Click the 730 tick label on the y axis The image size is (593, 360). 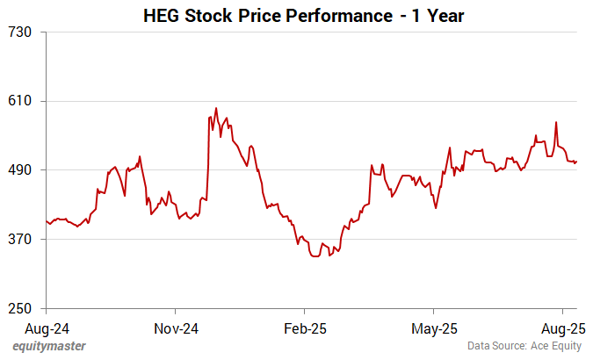[20, 32]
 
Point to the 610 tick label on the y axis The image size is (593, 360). [20, 101]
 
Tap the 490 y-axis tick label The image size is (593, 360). [20, 170]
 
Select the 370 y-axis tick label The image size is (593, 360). [20, 239]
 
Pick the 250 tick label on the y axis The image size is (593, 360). [20, 308]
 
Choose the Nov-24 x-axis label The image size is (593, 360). [176, 329]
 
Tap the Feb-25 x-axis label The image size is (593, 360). [304, 329]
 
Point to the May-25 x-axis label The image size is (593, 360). [434, 329]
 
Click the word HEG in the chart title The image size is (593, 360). [162, 15]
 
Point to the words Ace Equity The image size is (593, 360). [556, 346]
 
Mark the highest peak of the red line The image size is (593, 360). [216, 108]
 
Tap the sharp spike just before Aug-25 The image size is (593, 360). [556, 122]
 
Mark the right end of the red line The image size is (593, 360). [576, 161]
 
